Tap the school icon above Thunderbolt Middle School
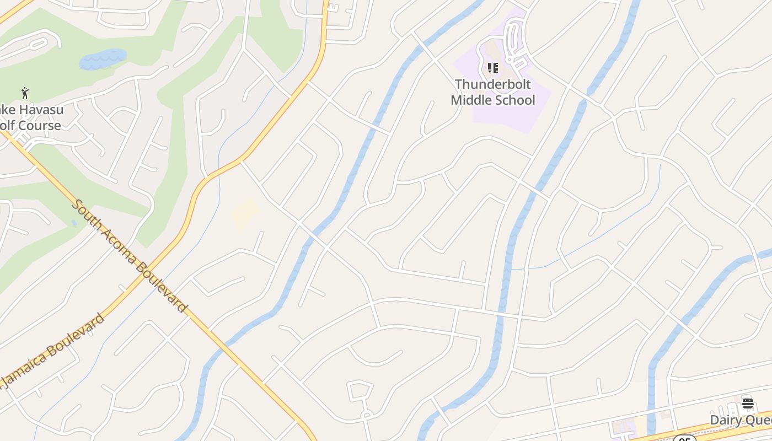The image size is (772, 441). coord(493,68)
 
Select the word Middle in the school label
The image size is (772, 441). coord(473,100)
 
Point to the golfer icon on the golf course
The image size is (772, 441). coord(25,93)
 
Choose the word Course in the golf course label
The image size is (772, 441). coord(38,126)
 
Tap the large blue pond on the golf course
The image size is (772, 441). coord(103,59)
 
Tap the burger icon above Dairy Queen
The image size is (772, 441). coord(748,403)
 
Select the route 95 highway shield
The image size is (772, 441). coord(684,439)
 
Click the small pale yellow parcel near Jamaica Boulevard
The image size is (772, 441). coord(245,214)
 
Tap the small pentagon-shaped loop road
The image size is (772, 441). coord(360,390)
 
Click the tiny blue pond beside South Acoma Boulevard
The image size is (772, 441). coord(74,223)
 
